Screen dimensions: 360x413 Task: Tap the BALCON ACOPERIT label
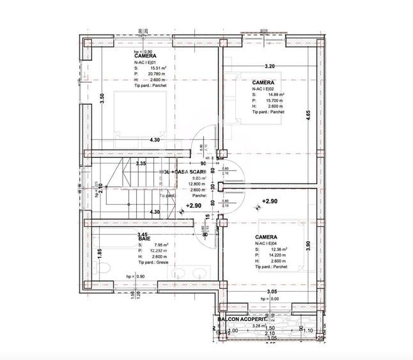(x=241, y=319)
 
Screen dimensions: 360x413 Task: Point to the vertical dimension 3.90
(x=308, y=246)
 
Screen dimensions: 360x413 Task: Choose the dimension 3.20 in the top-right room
(x=270, y=67)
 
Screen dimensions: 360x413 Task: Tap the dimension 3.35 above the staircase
(x=141, y=164)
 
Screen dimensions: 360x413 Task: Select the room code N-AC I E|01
(x=148, y=61)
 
